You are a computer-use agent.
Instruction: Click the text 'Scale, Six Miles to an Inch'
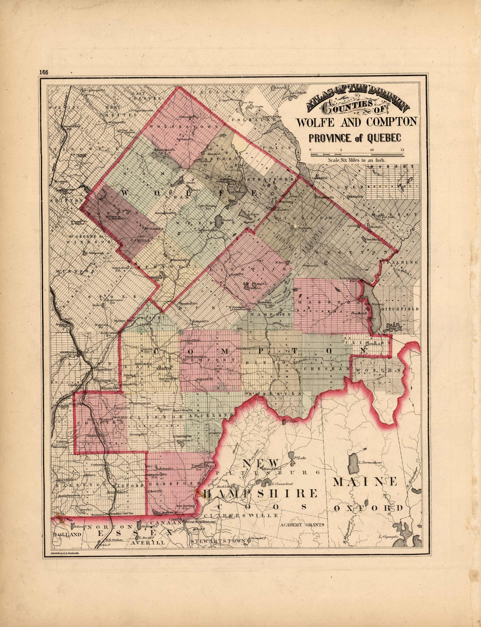pyautogui.click(x=357, y=161)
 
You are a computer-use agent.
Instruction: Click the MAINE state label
pyautogui.click(x=365, y=481)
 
